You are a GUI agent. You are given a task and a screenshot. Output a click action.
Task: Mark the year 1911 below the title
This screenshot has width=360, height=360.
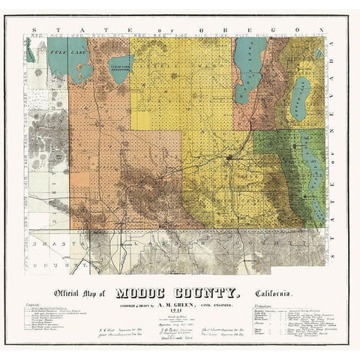tap(178, 314)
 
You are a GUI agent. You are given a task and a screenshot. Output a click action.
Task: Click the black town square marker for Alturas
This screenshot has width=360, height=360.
tap(228, 158)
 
